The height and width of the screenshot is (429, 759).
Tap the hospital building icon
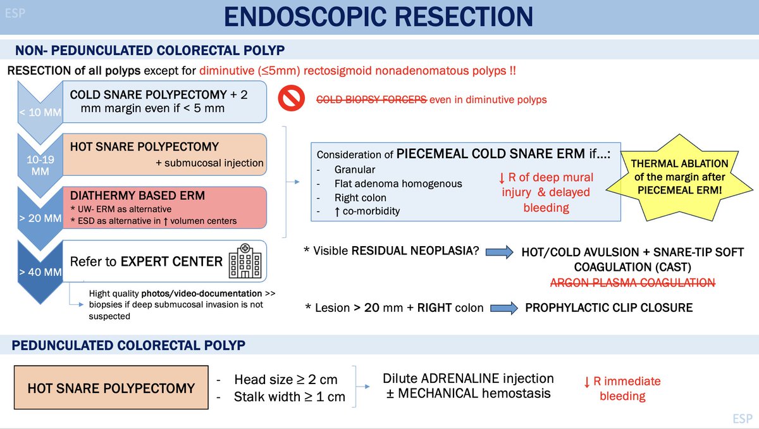click(241, 261)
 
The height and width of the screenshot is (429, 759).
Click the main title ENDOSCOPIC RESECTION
click(379, 18)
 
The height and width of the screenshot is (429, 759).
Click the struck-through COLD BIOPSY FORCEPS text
click(371, 99)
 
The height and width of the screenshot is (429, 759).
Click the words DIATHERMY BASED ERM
click(137, 196)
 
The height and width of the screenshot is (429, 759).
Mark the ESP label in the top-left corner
click(15, 12)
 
